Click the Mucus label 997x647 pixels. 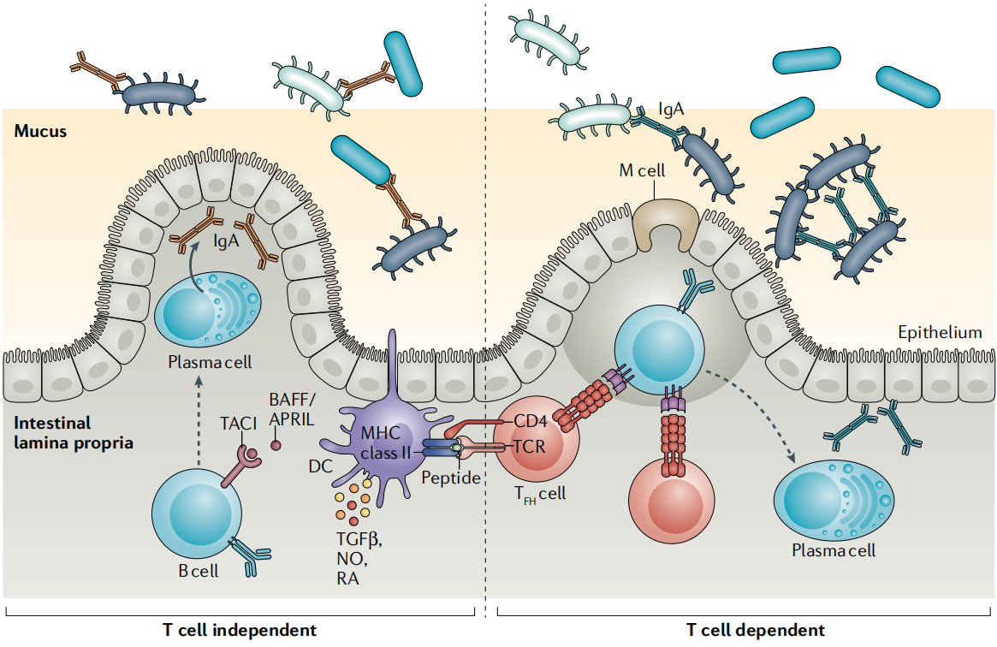[x=40, y=132]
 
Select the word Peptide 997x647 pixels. [x=451, y=477]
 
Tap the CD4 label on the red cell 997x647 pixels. [x=531, y=421]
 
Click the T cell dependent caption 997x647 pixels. [x=757, y=631]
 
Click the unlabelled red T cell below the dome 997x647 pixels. [x=672, y=504]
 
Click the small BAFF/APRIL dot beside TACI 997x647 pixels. [x=276, y=445]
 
